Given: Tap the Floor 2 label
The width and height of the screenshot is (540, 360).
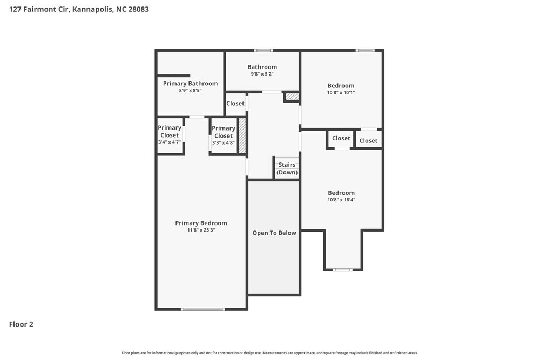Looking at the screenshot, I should point(21,324).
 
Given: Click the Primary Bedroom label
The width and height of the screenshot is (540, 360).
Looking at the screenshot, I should point(201,223).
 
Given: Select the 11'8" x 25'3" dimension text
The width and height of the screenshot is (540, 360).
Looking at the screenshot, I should point(201,230).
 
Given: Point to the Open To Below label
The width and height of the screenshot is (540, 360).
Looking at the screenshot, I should point(274,233).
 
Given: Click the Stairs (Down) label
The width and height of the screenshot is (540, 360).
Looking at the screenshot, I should point(287,168).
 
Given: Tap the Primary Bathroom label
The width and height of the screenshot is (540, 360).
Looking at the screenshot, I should point(190,83).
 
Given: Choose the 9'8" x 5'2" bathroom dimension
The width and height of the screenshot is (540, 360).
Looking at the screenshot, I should point(262,74).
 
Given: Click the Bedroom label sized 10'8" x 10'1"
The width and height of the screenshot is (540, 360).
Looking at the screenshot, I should point(341,85).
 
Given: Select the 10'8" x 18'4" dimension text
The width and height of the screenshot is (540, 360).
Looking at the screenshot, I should point(341,200).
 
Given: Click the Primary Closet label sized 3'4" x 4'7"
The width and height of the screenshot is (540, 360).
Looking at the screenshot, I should point(170,132).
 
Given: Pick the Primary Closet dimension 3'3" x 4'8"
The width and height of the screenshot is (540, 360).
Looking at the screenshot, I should point(223,143).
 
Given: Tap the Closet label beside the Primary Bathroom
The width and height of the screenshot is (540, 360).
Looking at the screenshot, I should point(235,103).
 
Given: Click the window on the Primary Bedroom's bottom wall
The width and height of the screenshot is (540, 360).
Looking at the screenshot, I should point(202,309).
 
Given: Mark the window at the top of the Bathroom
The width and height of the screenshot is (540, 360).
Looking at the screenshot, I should point(264,51).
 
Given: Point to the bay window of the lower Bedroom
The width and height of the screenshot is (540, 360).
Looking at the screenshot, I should point(342,269).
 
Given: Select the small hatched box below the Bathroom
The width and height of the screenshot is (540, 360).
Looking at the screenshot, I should point(292,97).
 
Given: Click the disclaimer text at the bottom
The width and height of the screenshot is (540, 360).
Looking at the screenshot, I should point(270,352).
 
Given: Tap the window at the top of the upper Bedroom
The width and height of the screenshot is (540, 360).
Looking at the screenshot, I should point(365,51).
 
